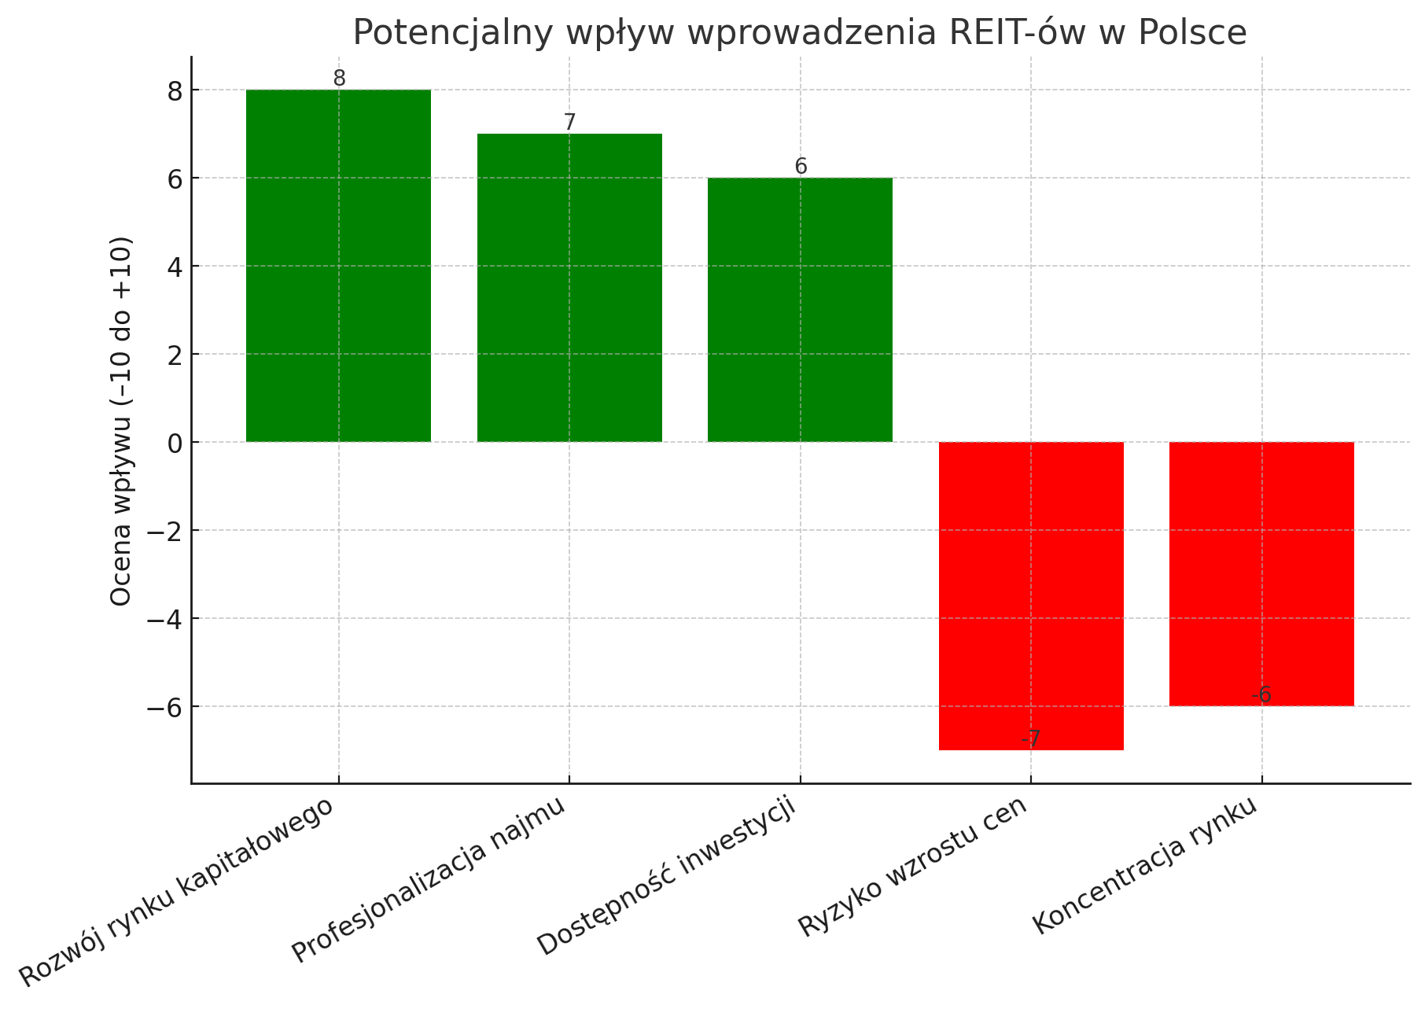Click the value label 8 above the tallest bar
(x=339, y=79)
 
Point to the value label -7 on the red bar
(x=1031, y=739)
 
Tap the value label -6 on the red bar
(x=1261, y=695)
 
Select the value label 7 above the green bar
(x=569, y=123)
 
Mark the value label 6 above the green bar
(x=801, y=167)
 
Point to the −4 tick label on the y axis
(x=164, y=619)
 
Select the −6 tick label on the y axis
(x=164, y=707)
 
